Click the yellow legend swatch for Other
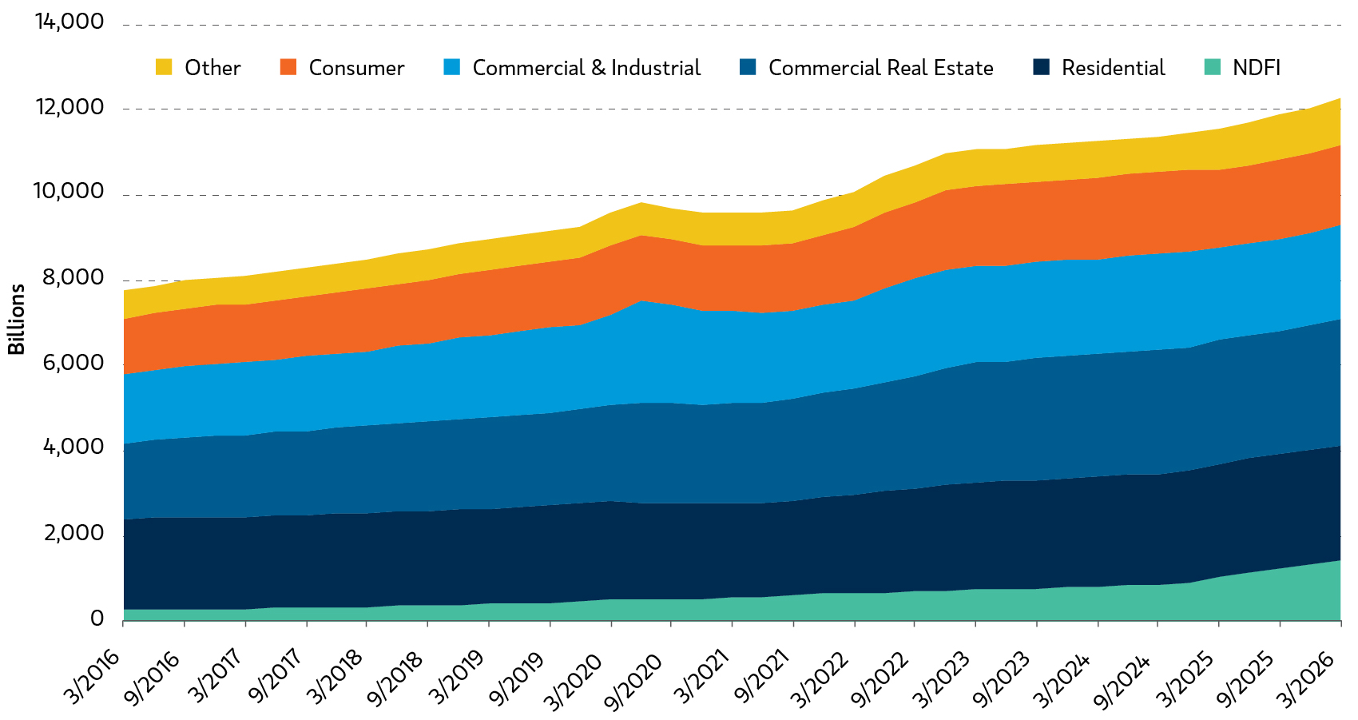tap(164, 66)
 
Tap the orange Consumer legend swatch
tap(288, 66)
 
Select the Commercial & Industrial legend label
tap(586, 67)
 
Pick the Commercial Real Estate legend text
tap(881, 67)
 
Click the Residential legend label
tap(1113, 67)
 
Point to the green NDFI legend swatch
tap(1212, 66)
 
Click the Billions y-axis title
tap(16, 319)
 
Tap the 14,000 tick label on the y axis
tap(69, 22)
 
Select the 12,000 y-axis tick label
tap(69, 107)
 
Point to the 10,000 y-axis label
tap(69, 192)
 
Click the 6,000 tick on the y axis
tap(73, 364)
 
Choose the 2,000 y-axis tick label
tap(73, 534)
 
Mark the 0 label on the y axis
tap(97, 619)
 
